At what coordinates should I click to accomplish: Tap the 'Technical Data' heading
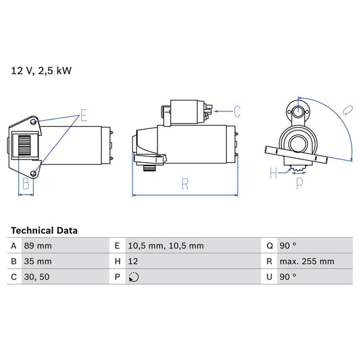pos(44,230)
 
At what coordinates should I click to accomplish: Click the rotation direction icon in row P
pos(134,277)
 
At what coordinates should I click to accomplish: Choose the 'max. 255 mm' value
pos(307,261)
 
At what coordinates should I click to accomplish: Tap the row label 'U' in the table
pos(270,277)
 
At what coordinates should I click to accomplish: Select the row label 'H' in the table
pos(118,261)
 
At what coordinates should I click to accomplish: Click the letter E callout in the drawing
pos(84,115)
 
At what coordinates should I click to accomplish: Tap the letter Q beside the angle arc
pos(345,109)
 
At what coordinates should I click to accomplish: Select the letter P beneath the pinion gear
pos(299,182)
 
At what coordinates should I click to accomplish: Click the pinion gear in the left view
pos(23,146)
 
